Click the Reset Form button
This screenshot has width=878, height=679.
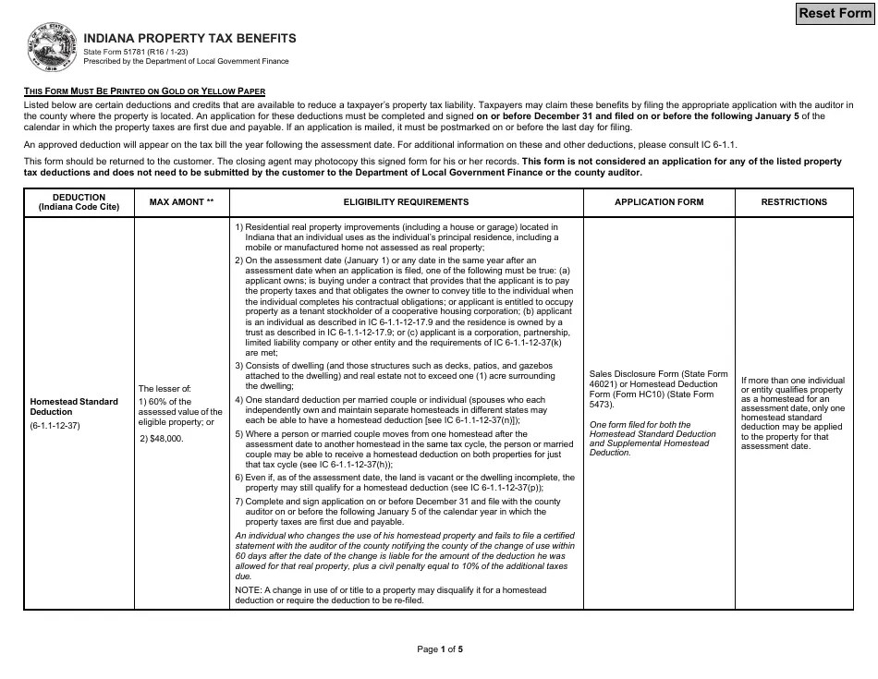click(835, 13)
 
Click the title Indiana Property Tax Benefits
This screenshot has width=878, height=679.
click(189, 39)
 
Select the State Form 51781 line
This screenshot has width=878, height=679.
click(136, 52)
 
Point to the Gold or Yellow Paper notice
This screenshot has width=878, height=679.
click(144, 91)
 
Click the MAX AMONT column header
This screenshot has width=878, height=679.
click(180, 202)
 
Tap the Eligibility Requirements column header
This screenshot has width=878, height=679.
click(406, 202)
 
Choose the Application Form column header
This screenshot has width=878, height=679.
click(659, 202)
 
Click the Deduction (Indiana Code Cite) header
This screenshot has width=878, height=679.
click(79, 202)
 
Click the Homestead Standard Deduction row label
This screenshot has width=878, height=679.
click(74, 406)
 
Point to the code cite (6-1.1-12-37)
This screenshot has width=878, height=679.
click(55, 427)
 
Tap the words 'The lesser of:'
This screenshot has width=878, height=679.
click(165, 389)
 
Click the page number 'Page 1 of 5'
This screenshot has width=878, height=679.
click(440, 649)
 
